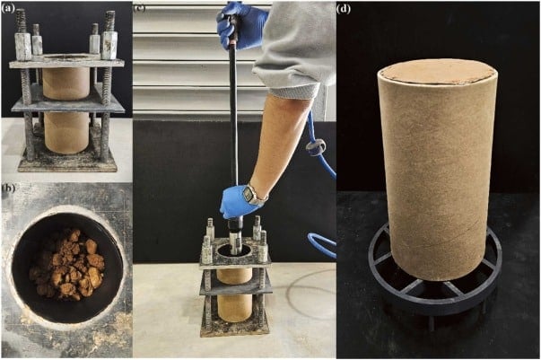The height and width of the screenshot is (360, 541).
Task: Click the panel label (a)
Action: (8, 9)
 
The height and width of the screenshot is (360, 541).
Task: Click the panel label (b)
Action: (8, 188)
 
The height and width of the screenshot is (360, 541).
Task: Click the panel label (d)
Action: (344, 9)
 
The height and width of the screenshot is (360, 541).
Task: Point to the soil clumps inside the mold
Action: (67, 263)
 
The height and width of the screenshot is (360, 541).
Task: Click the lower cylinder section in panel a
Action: (65, 133)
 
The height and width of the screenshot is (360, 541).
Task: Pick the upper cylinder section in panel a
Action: (66, 83)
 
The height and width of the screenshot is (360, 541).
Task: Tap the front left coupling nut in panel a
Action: (23, 46)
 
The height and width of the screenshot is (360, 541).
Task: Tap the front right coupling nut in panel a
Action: (109, 45)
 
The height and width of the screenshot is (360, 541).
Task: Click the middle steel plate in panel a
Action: (67, 103)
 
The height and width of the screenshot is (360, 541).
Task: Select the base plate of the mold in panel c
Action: (235, 328)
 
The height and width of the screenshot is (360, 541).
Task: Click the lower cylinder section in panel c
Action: (235, 306)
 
